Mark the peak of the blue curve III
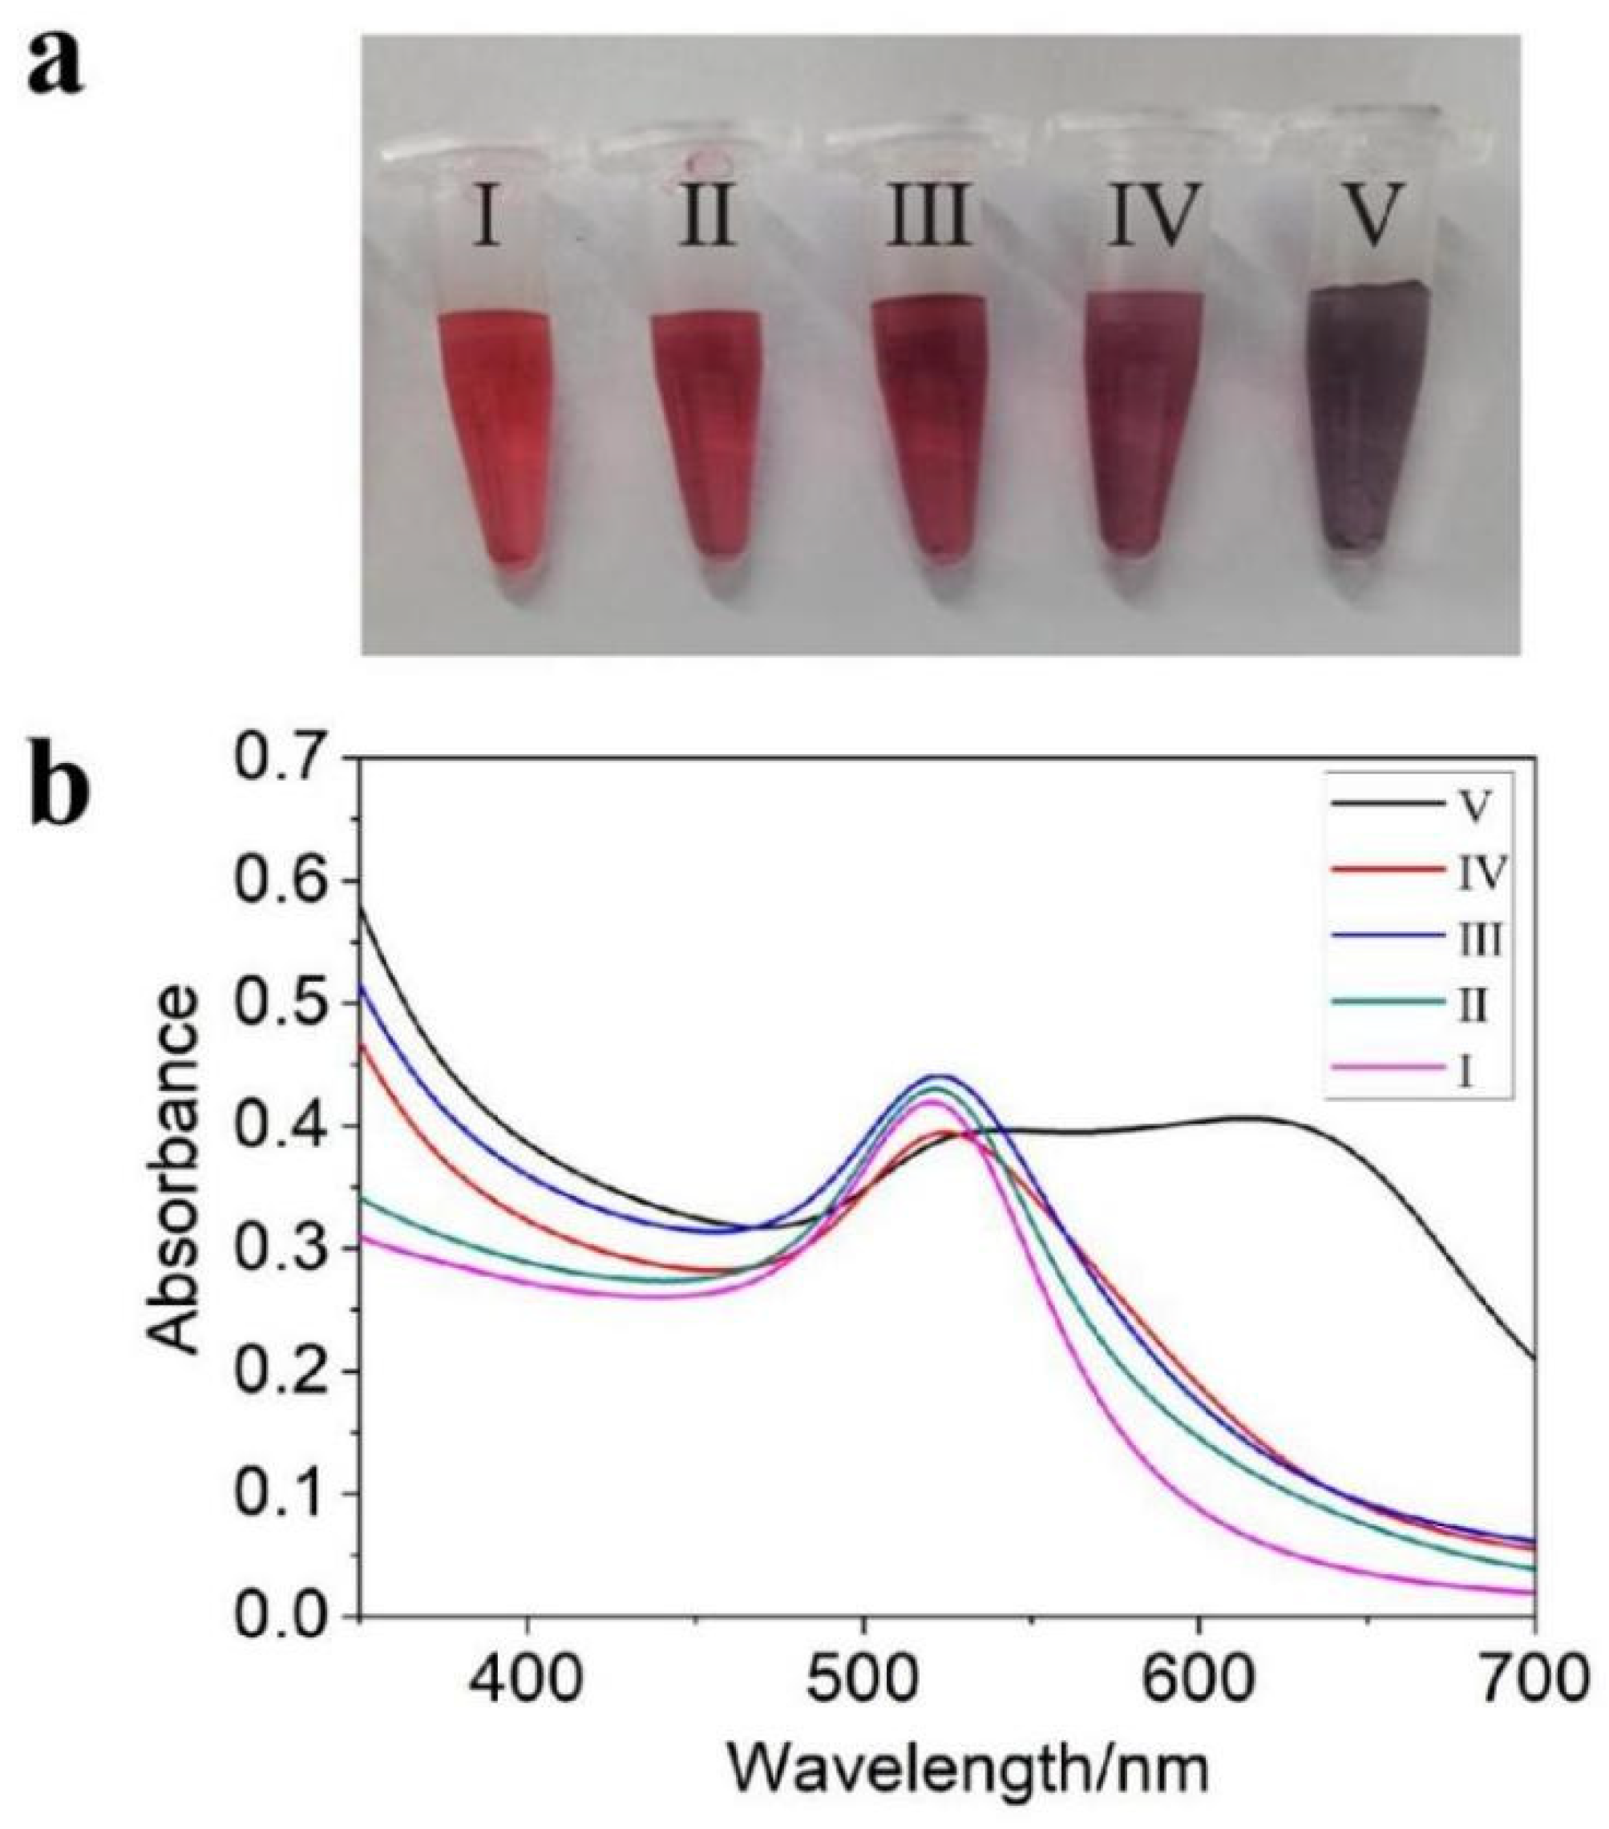(940, 1076)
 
